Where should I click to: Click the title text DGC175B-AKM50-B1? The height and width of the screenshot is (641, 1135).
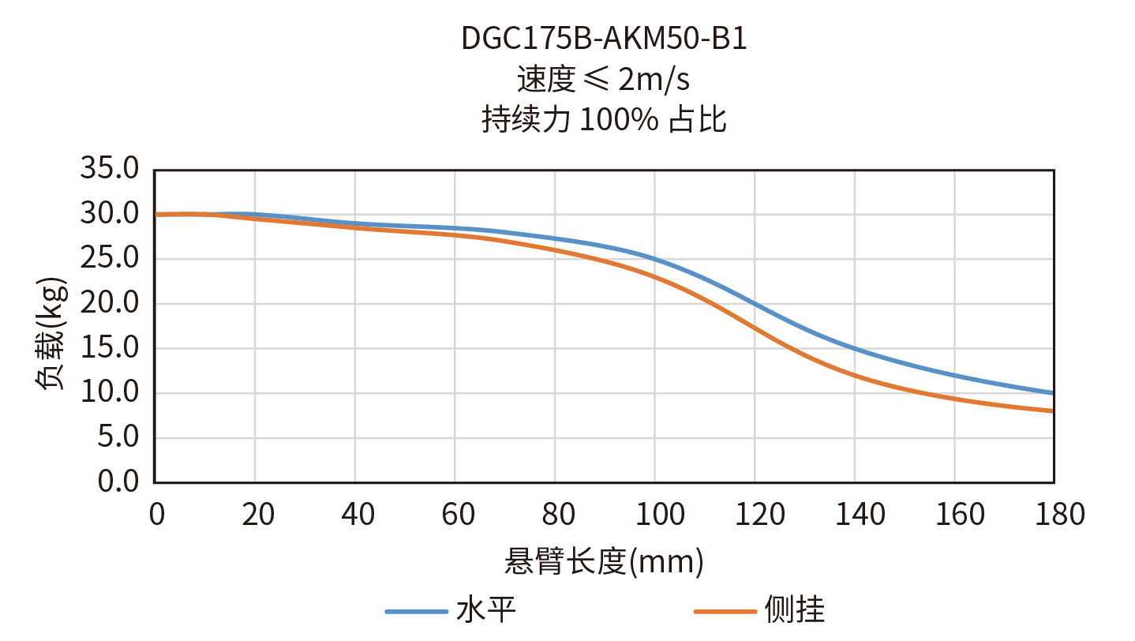pyautogui.click(x=604, y=39)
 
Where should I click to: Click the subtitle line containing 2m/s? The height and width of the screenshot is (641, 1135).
pyautogui.click(x=604, y=80)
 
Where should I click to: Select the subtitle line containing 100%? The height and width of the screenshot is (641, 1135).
pyautogui.click(x=604, y=120)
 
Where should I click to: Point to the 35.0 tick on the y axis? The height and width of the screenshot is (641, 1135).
pyautogui.click(x=110, y=169)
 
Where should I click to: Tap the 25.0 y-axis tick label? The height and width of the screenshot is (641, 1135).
pyautogui.click(x=110, y=259)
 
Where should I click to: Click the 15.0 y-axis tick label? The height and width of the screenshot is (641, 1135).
pyautogui.click(x=110, y=348)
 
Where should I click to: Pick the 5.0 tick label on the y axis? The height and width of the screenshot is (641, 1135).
pyautogui.click(x=118, y=437)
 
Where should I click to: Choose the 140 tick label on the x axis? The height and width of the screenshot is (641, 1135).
pyautogui.click(x=855, y=515)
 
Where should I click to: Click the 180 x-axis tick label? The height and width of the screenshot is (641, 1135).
pyautogui.click(x=1054, y=515)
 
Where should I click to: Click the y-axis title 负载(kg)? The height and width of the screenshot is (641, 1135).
pyautogui.click(x=51, y=332)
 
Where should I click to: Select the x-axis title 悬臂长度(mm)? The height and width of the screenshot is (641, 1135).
pyautogui.click(x=604, y=563)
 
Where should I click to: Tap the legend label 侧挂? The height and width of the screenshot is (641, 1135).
pyautogui.click(x=794, y=610)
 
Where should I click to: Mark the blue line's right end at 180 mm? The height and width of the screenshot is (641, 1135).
pyautogui.click(x=1054, y=393)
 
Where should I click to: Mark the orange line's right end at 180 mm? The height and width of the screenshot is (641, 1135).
pyautogui.click(x=1054, y=410)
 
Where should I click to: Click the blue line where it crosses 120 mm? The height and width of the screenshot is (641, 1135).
pyautogui.click(x=755, y=304)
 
